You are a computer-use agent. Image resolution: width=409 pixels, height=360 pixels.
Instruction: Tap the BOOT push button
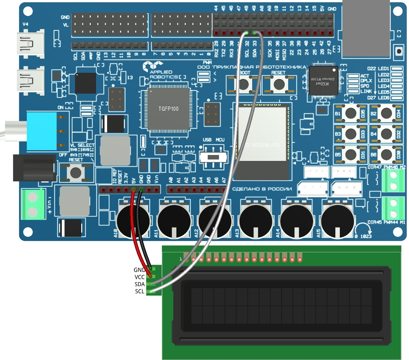click(243, 84)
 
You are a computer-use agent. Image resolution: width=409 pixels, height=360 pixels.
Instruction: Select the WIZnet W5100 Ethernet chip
click(323, 80)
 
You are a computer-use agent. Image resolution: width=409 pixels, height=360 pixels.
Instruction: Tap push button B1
click(351, 113)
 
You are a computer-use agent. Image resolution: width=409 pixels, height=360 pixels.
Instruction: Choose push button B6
click(386, 154)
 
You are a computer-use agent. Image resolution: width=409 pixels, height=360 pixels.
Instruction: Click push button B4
click(386, 134)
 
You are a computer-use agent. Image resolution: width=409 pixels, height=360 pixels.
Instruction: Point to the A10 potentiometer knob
click(133, 221)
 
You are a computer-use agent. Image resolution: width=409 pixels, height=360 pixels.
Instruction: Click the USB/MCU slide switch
click(213, 157)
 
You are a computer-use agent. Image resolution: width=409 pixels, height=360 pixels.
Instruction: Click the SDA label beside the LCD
click(139, 284)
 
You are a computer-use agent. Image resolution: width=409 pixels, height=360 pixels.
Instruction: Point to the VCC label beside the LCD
click(139, 277)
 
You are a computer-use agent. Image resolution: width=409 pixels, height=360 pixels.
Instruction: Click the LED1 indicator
click(396, 69)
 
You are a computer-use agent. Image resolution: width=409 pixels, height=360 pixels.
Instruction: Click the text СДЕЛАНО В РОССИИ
click(262, 189)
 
